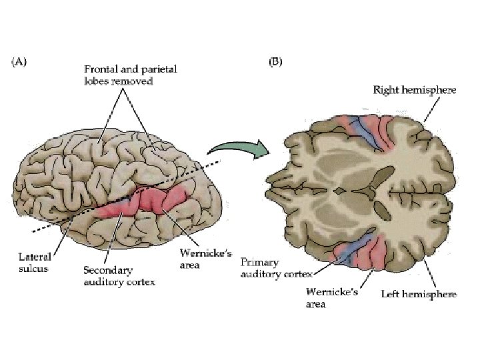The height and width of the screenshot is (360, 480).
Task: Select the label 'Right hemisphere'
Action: (415, 89)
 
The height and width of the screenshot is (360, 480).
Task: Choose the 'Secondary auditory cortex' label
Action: (119, 276)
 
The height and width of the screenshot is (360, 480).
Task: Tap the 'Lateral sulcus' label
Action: (34, 263)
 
